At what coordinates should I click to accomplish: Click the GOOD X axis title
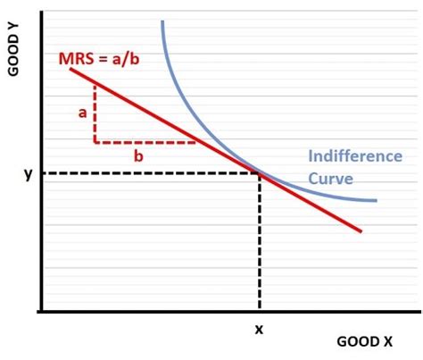coord(364,341)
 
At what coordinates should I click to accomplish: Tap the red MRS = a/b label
coord(96,58)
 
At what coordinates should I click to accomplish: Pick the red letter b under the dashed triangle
coord(138,155)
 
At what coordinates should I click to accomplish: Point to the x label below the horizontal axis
coord(260,330)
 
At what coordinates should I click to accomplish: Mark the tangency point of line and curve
coord(259,172)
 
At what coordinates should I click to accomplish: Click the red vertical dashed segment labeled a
coord(95,113)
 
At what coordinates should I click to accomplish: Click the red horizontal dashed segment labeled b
coord(143,142)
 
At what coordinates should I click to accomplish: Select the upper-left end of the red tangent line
coord(70,69)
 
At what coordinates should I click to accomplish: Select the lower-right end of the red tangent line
coord(361,231)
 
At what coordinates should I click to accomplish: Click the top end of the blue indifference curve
coord(162,21)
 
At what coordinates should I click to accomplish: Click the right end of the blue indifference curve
coord(376,200)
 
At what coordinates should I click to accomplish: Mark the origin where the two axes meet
coord(41,311)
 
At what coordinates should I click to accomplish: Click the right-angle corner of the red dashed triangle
coord(95,142)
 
